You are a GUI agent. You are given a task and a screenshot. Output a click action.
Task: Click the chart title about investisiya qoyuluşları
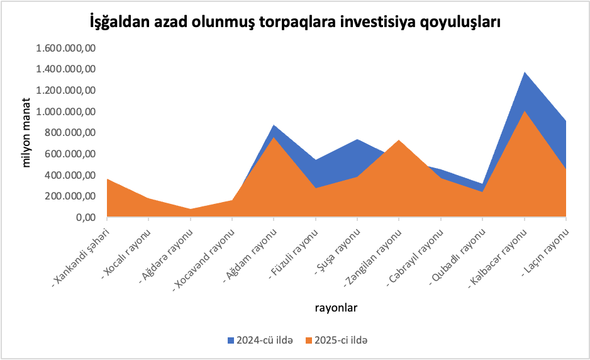[x=295, y=23]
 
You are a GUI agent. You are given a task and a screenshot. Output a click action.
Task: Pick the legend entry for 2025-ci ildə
[x=337, y=340]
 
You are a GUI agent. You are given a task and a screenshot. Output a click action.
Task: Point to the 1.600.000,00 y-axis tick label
[x=66, y=48]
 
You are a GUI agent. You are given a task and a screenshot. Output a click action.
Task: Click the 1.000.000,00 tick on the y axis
[x=66, y=111]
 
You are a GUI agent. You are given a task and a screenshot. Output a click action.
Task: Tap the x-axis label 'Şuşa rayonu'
[x=339, y=252]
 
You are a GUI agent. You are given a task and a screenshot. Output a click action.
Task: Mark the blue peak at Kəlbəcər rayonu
[x=525, y=73]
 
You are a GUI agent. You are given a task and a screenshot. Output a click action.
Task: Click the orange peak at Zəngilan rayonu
[x=399, y=140]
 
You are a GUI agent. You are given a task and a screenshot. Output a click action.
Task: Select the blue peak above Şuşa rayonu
[x=357, y=140]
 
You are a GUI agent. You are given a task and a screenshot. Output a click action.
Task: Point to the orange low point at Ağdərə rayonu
[x=190, y=210]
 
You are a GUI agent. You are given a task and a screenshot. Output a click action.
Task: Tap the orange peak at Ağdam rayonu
[x=274, y=137]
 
